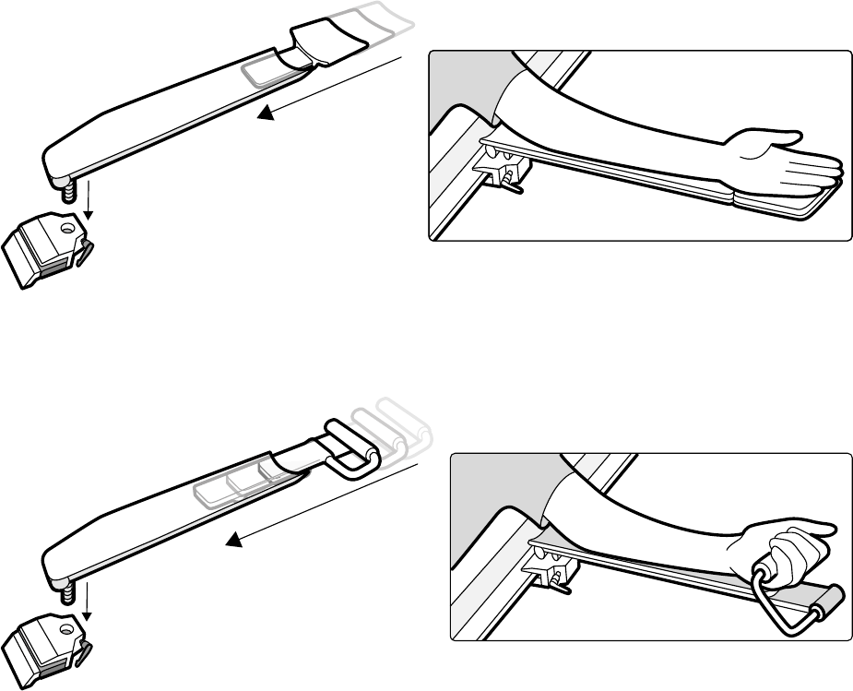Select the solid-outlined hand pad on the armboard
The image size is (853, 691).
point(319,42)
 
